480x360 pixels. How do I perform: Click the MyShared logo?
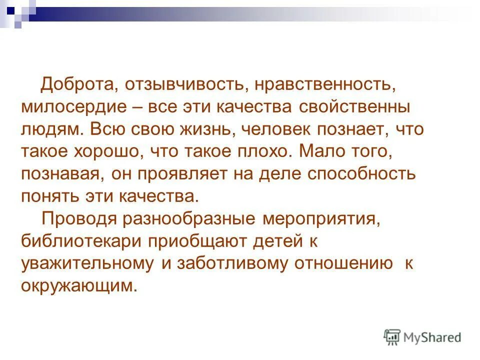click(423, 337)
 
